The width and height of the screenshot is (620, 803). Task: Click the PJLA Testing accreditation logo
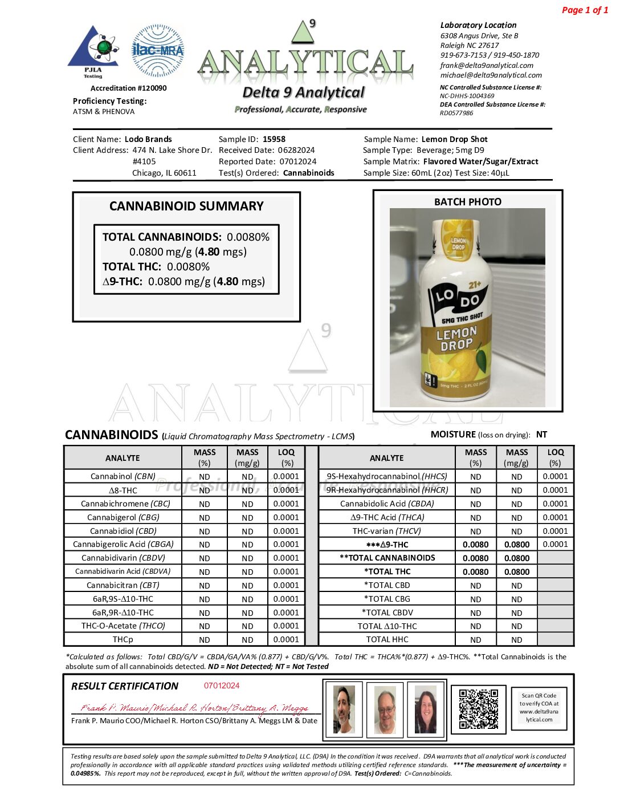point(93,51)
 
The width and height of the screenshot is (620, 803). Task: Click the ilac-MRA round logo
point(158,50)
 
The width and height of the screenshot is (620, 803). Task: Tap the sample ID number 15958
point(274,139)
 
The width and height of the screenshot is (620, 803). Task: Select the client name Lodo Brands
point(148,139)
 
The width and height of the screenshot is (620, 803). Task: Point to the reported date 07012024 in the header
point(297,162)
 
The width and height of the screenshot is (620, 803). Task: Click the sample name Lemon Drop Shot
point(454,139)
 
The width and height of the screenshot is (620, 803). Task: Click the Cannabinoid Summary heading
point(186,206)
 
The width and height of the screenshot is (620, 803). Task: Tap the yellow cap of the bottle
point(458,238)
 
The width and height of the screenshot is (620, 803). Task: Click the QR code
point(479,708)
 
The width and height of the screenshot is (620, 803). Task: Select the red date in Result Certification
point(222,686)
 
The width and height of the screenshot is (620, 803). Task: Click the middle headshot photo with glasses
point(386,709)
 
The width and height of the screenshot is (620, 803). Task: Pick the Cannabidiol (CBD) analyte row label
point(123,531)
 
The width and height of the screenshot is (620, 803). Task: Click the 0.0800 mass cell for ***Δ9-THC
point(516,545)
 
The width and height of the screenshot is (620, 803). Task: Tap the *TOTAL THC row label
point(387,571)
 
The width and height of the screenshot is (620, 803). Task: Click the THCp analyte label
point(123,640)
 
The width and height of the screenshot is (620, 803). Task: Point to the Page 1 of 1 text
point(585,10)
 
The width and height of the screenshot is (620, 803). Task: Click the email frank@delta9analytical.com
point(487,66)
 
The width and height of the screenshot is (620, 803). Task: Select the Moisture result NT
point(541,435)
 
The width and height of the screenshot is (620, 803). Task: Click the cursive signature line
point(194,708)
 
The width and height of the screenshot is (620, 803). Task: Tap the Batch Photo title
point(468,202)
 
